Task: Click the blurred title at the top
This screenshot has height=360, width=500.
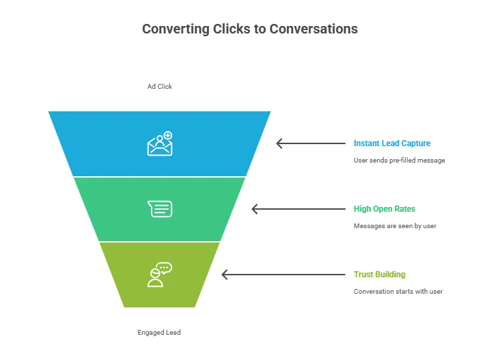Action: (250, 30)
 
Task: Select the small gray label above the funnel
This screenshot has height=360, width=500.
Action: (160, 87)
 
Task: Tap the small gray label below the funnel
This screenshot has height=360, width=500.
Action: (161, 333)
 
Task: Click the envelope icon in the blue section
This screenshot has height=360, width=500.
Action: (159, 146)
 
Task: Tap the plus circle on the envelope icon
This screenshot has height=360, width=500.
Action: (168, 135)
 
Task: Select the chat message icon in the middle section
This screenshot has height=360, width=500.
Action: (160, 208)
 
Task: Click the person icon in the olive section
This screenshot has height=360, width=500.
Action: (156, 279)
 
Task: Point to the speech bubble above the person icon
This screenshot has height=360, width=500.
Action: (164, 268)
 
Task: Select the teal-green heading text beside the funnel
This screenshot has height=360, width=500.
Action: (383, 208)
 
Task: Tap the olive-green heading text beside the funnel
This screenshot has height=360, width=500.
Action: (380, 275)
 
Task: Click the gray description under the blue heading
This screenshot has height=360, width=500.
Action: (398, 160)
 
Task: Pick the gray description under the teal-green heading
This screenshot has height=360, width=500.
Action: (393, 225)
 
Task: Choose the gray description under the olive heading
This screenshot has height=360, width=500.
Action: (398, 290)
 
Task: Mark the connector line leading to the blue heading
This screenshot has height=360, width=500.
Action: (314, 144)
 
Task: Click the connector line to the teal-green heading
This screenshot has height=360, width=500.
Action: (304, 210)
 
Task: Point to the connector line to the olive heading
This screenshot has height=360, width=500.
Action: (287, 275)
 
